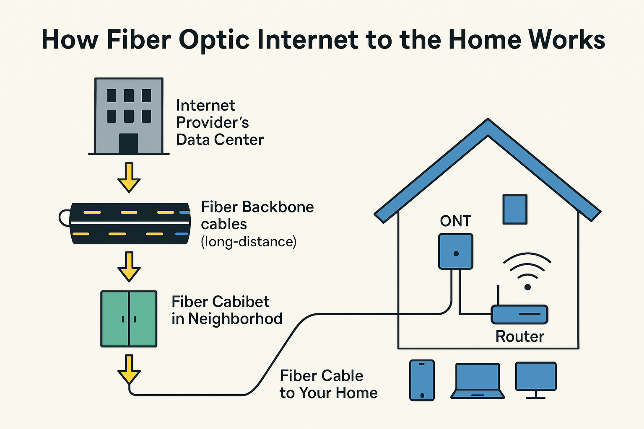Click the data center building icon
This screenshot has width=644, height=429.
(x=129, y=116)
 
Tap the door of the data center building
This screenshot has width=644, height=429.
(x=129, y=143)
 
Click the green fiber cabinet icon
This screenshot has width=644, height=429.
(x=129, y=319)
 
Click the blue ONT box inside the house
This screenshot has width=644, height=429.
(x=456, y=251)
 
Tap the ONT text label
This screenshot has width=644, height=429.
(x=456, y=221)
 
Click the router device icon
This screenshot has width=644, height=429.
(x=519, y=314)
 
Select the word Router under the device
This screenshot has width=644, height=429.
(x=520, y=336)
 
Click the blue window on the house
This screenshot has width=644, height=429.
(x=515, y=209)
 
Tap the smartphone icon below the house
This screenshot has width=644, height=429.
(x=422, y=380)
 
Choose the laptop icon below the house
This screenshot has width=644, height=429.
(x=478, y=381)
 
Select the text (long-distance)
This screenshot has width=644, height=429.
(x=249, y=242)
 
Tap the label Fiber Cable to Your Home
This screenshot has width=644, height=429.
(x=328, y=384)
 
